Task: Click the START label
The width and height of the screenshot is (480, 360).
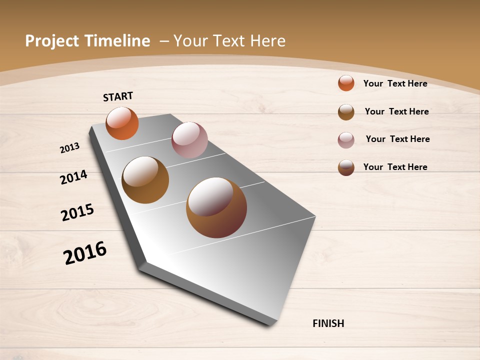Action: (118, 96)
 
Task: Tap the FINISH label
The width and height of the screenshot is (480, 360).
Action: (328, 323)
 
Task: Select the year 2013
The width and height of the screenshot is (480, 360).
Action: (70, 148)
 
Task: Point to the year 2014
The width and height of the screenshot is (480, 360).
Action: (74, 177)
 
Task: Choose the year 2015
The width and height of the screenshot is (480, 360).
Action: (77, 212)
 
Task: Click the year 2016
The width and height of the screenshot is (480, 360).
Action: (85, 253)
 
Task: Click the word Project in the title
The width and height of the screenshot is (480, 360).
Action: (50, 41)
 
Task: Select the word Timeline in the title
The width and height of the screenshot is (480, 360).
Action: (117, 41)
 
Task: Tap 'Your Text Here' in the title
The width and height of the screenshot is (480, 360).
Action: (229, 41)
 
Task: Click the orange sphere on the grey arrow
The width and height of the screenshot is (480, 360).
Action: (122, 123)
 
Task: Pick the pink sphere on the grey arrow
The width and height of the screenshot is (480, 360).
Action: (189, 140)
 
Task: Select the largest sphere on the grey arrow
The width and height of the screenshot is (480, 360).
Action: (216, 207)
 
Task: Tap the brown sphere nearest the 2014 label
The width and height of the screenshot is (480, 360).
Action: (145, 180)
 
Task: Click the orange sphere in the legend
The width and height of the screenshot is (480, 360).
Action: (346, 83)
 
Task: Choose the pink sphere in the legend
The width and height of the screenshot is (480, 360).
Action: (346, 140)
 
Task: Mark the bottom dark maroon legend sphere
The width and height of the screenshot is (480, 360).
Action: (346, 167)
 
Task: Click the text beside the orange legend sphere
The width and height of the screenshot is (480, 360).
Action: (395, 83)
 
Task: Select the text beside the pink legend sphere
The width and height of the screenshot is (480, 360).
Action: (397, 139)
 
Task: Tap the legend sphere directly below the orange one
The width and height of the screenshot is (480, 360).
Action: (346, 112)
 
